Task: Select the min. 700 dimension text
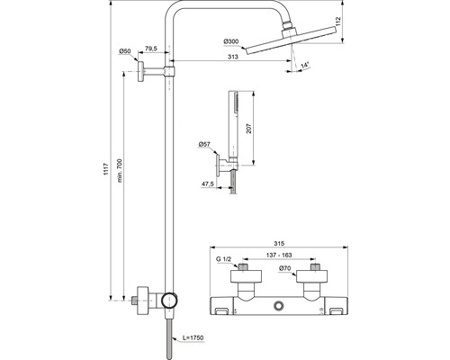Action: tap(120, 171)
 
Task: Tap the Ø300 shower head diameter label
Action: tap(231, 41)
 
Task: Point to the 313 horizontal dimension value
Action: tap(233, 57)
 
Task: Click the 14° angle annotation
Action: tap(305, 65)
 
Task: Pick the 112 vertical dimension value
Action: tap(338, 22)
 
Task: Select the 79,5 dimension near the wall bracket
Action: tap(151, 49)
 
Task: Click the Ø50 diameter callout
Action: tap(125, 51)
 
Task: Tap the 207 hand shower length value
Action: tap(249, 129)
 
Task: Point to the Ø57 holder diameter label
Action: tap(204, 145)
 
